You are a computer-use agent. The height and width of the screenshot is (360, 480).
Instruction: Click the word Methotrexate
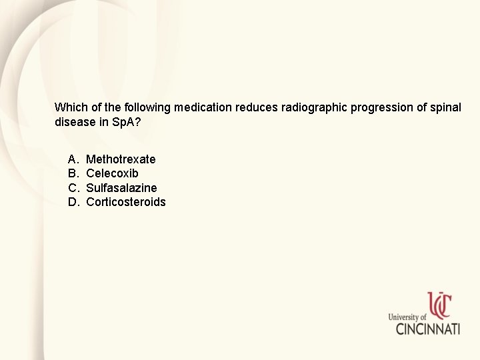(x=121, y=159)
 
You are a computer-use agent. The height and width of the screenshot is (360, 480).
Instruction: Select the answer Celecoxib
(x=112, y=173)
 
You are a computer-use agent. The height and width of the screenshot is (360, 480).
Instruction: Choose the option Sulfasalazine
(x=121, y=188)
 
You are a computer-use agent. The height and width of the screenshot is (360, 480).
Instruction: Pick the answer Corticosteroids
(x=126, y=202)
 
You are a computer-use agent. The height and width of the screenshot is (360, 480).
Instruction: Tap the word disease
(x=74, y=122)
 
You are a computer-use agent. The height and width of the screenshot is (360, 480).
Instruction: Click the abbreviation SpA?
(x=125, y=122)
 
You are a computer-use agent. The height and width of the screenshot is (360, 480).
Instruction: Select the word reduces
(x=257, y=107)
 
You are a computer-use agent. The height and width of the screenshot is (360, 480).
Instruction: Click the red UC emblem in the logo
(x=439, y=306)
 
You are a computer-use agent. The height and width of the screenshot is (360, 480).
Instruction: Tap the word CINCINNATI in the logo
(x=427, y=329)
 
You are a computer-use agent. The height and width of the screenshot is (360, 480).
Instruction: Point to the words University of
(x=407, y=317)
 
